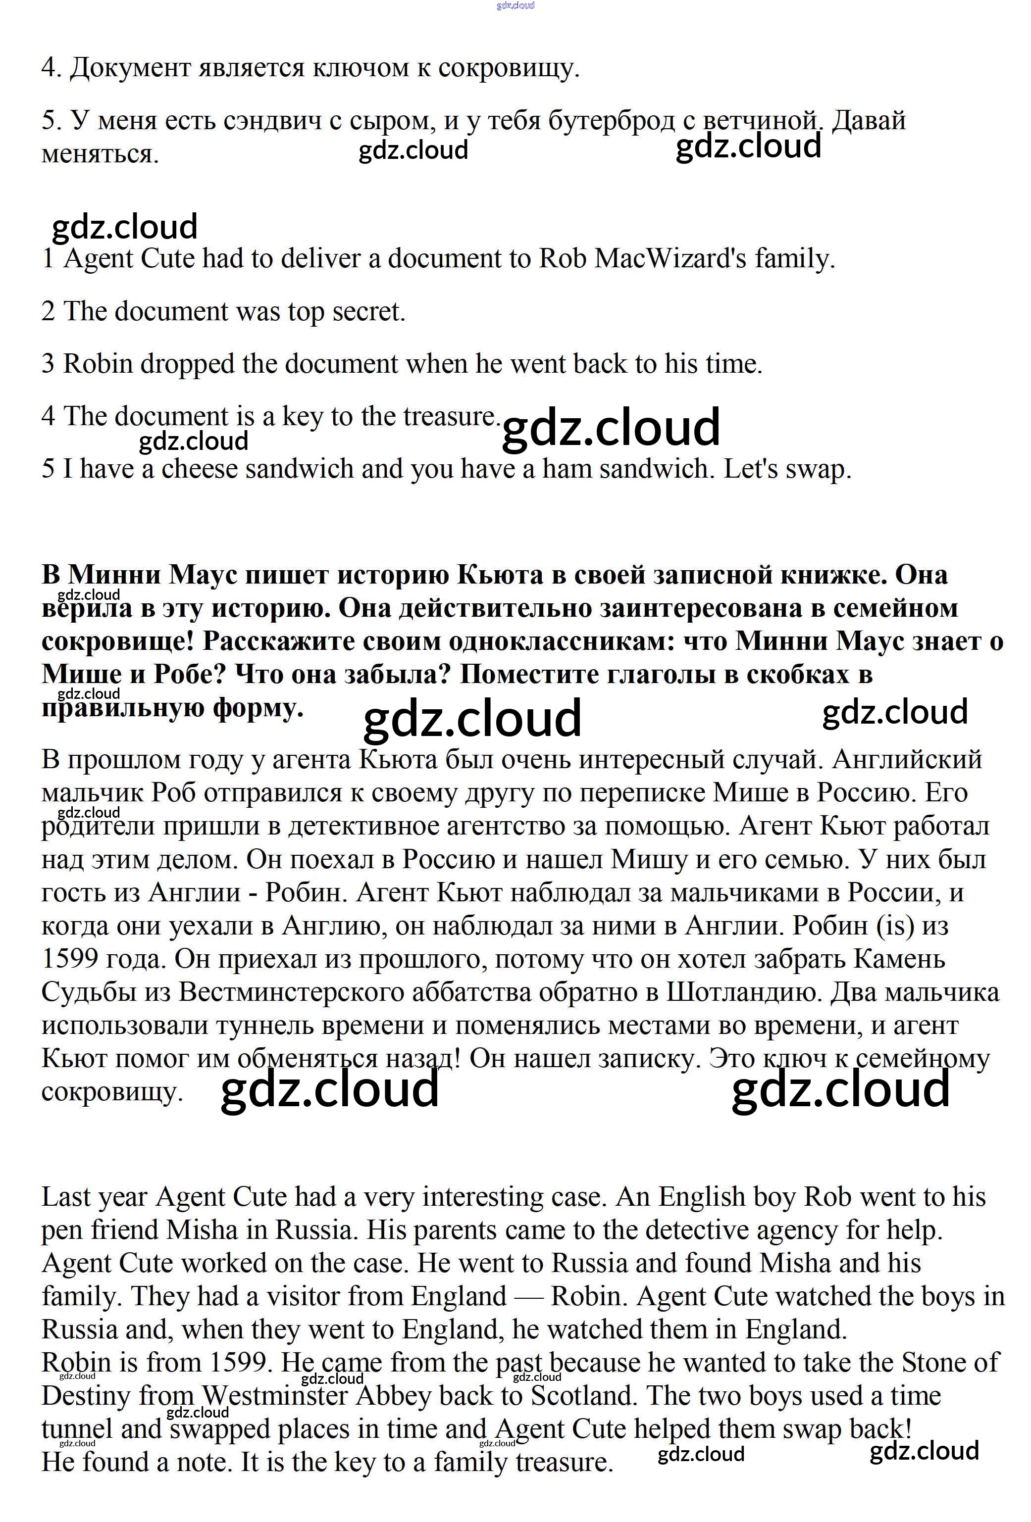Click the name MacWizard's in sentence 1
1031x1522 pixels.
(x=670, y=259)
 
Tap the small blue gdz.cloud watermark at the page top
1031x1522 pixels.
(x=515, y=5)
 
